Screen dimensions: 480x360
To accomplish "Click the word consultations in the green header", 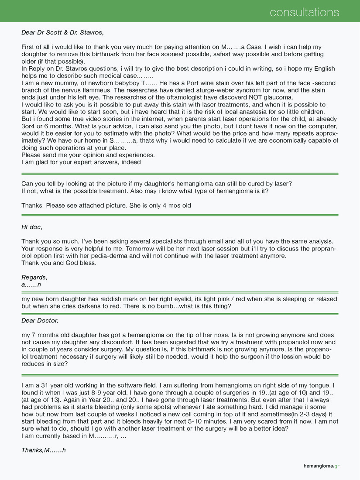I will pos(304,12).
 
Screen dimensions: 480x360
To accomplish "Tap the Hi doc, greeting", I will pos(32,227).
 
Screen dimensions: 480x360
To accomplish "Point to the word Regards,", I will pos(34,278).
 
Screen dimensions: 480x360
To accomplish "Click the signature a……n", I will pos(31,285).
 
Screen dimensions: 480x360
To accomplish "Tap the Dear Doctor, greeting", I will pos(40,321).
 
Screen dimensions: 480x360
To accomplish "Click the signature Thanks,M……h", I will pos(44,450).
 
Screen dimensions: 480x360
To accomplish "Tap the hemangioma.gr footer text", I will pos(321,466).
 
